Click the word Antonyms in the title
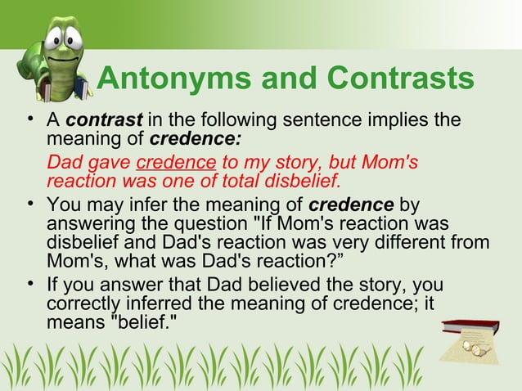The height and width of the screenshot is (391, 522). pos(167,79)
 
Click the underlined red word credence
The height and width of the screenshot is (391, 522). pos(182,162)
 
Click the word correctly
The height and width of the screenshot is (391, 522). pos(90,302)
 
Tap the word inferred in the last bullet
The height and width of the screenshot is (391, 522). pos(187,302)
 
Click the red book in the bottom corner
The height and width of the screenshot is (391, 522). pos(470,329)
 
